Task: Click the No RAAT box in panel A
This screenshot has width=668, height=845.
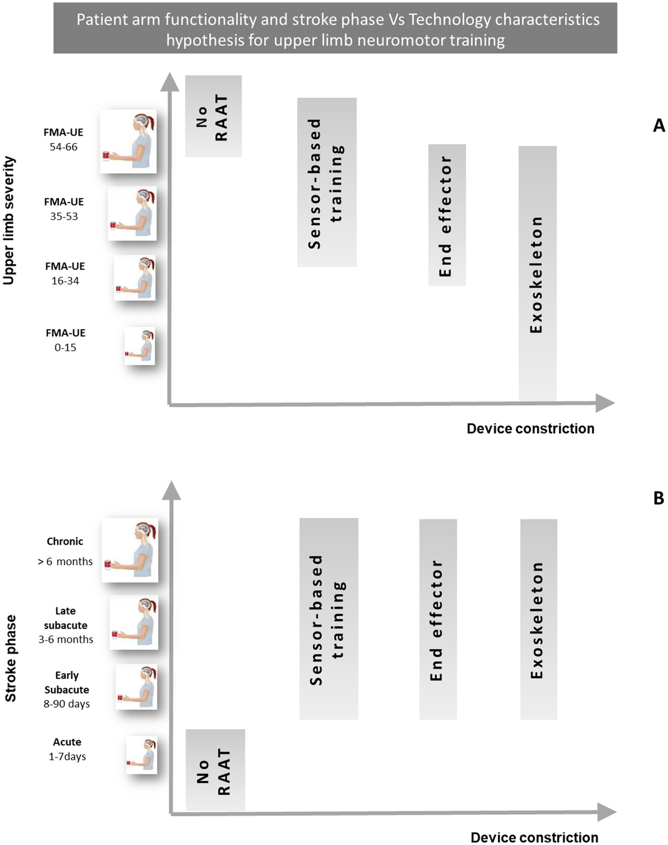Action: click(x=213, y=116)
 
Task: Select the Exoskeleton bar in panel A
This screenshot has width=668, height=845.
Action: click(x=537, y=273)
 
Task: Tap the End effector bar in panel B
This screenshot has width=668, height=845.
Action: click(x=438, y=619)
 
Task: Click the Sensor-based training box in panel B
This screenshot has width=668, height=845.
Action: click(x=329, y=619)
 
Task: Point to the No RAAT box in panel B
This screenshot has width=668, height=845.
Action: click(x=215, y=770)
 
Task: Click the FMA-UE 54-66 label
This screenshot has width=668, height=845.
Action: click(x=64, y=139)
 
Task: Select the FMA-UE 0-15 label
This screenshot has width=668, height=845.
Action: click(x=66, y=340)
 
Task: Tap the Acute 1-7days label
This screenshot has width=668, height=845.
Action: click(x=67, y=749)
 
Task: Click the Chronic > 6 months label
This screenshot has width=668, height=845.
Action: click(x=65, y=551)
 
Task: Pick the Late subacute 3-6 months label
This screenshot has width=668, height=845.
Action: click(x=66, y=625)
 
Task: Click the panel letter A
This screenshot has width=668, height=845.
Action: click(x=659, y=126)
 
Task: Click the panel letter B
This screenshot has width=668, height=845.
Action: click(x=659, y=498)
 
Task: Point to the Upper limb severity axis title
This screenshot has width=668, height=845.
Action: click(x=9, y=221)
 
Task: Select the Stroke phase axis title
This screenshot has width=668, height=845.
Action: click(x=10, y=658)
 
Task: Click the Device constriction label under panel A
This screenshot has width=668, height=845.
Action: click(x=530, y=429)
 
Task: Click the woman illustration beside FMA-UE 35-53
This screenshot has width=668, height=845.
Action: click(x=132, y=213)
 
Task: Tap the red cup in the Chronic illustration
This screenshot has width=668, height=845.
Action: click(x=108, y=565)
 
